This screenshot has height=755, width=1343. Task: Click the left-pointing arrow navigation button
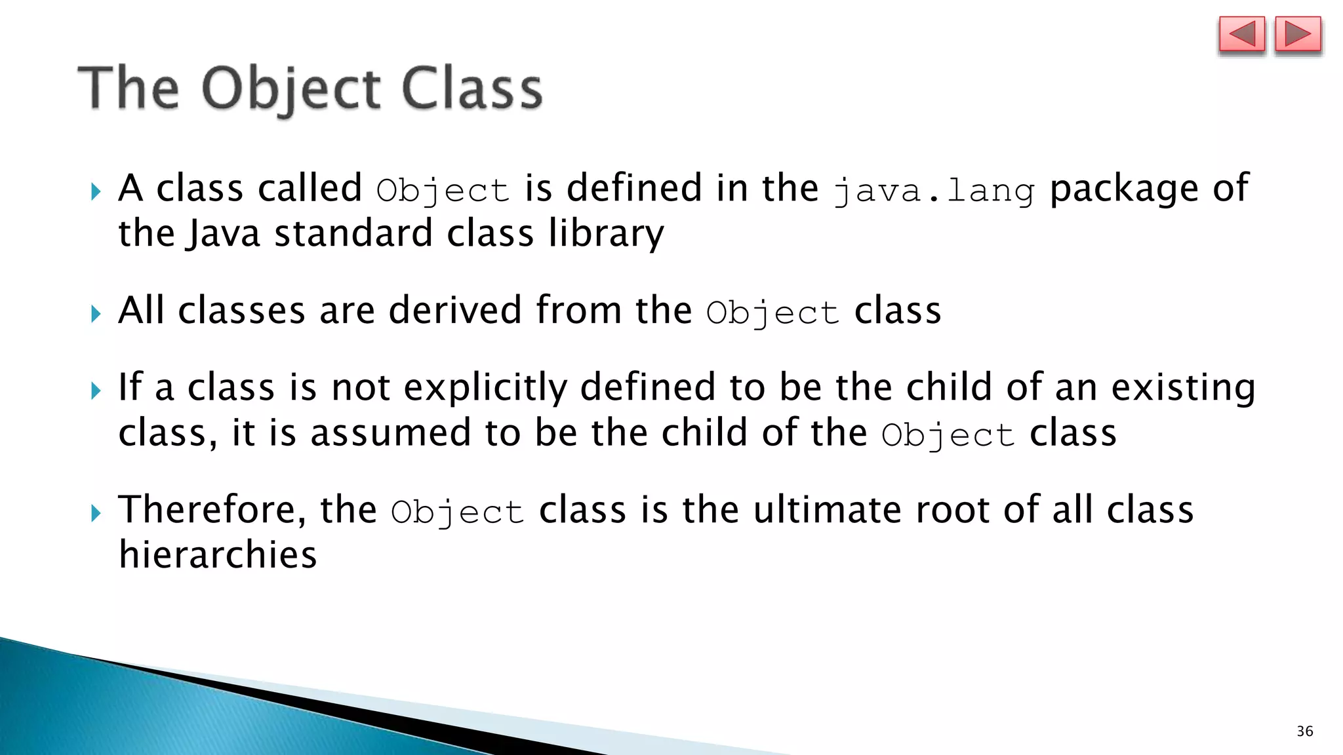click(1241, 34)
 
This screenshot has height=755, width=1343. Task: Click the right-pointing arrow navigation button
click(1298, 34)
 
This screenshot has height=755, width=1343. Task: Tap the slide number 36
click(1304, 731)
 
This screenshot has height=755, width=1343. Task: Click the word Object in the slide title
click(292, 90)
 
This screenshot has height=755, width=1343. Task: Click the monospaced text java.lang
click(934, 191)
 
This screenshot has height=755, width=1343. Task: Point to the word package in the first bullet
click(1123, 189)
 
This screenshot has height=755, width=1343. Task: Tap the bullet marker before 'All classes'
click(96, 313)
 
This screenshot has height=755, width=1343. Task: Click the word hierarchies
click(218, 555)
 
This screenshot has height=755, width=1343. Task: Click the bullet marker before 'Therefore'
click(96, 513)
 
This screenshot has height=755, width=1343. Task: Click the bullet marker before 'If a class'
click(96, 391)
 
